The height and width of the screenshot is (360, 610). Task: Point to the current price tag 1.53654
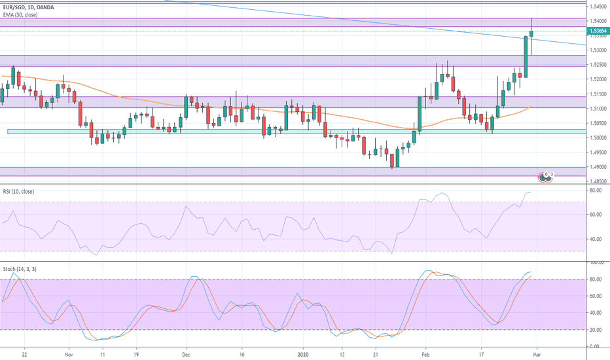point(596,31)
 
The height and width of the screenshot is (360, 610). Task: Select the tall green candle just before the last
point(526,56)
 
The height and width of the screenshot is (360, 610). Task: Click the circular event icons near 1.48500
point(545,175)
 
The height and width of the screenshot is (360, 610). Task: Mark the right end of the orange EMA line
point(530,107)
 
